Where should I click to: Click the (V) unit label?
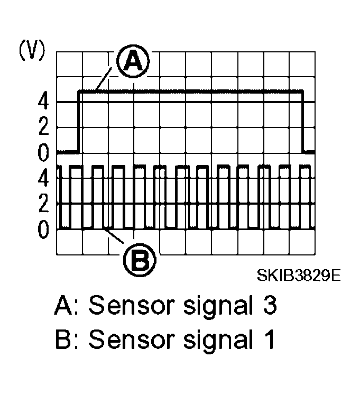coord(32,51)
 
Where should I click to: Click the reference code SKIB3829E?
coord(299,276)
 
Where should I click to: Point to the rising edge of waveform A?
coord(79,122)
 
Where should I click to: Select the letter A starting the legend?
coord(64,306)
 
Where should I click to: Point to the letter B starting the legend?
coord(63,340)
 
